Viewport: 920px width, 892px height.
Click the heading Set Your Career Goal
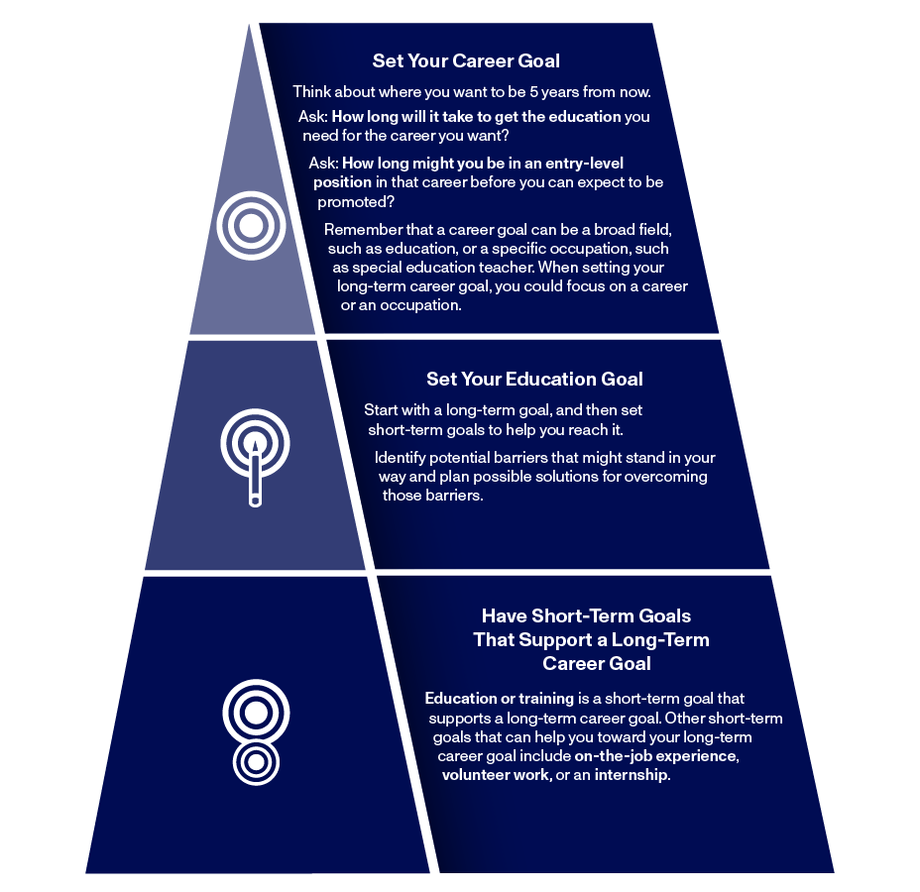tap(466, 61)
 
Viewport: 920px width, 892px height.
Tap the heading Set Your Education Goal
tap(534, 379)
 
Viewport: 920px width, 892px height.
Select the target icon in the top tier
tap(251, 226)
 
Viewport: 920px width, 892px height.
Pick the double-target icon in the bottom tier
tap(256, 731)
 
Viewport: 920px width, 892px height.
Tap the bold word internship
tap(631, 775)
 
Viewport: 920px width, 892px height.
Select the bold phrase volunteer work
tap(496, 775)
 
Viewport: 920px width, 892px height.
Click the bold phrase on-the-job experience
tap(655, 756)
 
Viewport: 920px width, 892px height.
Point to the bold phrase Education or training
tap(500, 699)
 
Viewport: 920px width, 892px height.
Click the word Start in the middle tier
tap(381, 410)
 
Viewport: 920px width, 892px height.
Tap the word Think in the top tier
tap(312, 92)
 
